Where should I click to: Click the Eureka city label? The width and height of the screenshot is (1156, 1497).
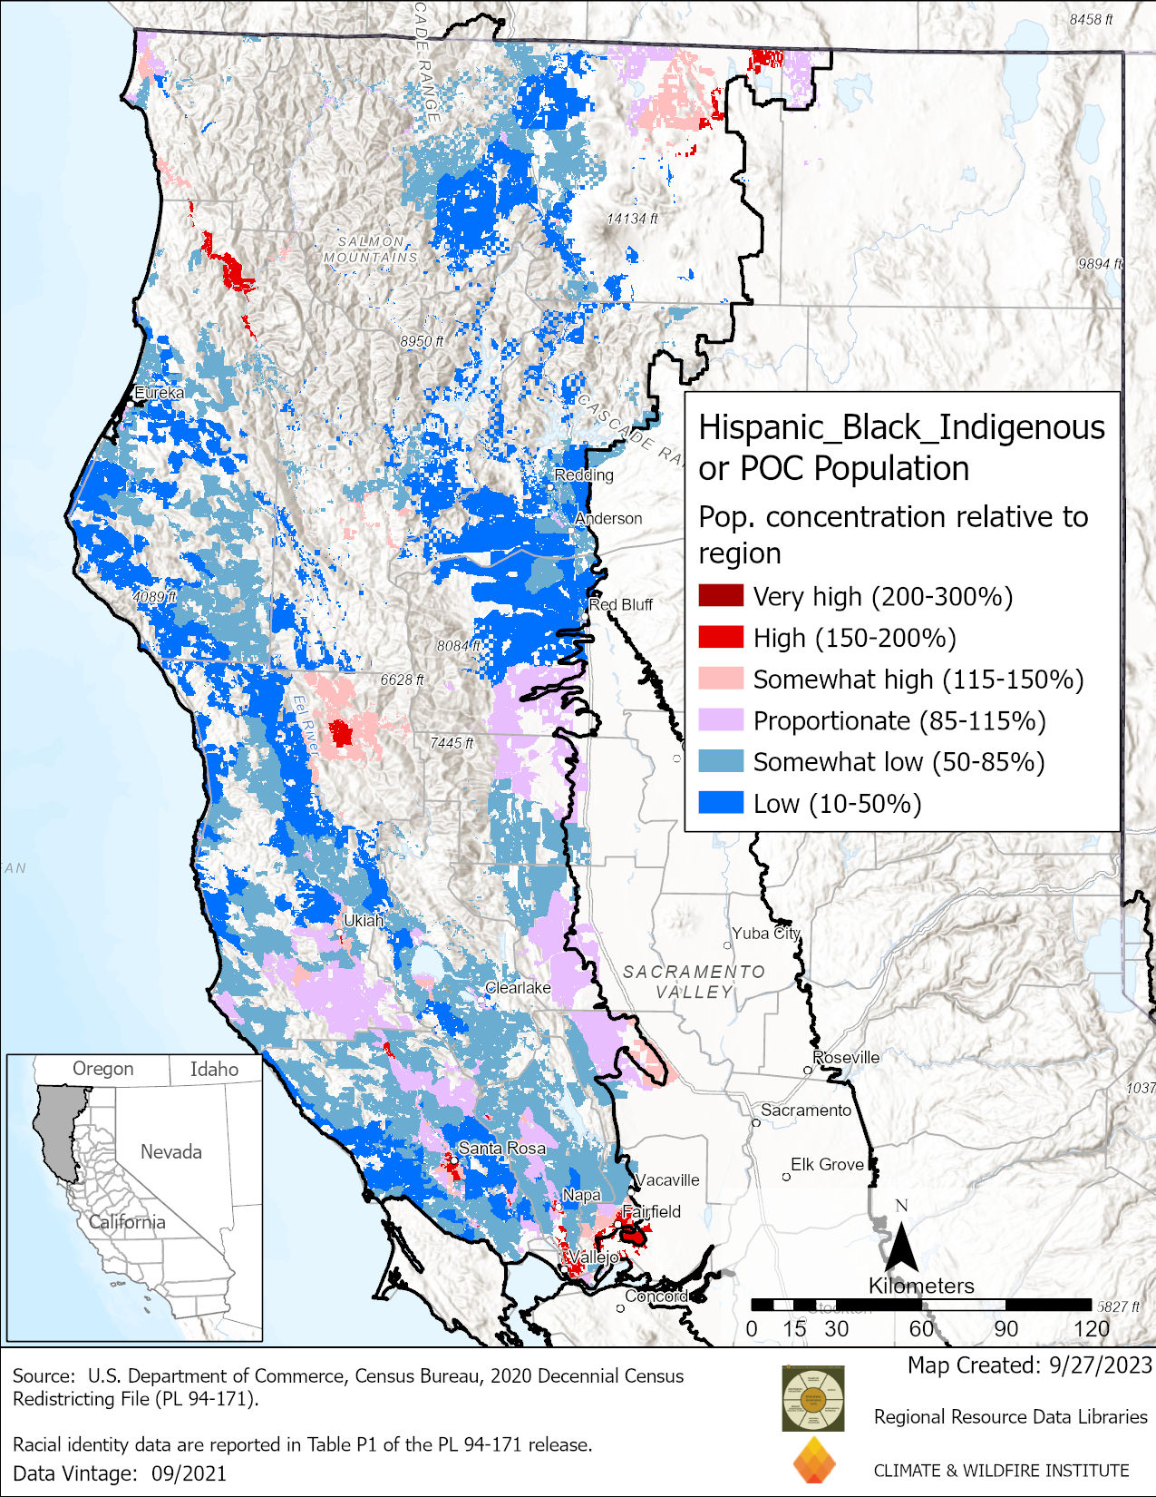159,393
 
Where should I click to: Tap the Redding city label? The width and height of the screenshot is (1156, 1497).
584,475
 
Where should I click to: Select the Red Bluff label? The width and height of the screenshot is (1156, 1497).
621,604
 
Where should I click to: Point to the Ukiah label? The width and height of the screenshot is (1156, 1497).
364,920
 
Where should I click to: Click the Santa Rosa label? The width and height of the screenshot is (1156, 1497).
501,1148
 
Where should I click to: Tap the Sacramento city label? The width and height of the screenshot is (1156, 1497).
806,1110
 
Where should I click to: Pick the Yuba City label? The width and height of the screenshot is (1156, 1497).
766,933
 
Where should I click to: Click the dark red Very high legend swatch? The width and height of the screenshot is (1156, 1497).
721,596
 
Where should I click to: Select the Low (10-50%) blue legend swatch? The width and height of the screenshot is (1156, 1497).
721,803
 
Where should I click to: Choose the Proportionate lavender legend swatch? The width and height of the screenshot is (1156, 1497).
721,720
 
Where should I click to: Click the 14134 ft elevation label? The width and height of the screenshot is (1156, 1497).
632,219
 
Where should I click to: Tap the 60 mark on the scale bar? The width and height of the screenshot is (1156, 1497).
921,1328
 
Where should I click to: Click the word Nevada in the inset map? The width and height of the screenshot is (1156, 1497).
170,1151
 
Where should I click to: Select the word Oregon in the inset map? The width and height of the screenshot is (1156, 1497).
102,1069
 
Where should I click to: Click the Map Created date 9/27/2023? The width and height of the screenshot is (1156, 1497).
1099,1365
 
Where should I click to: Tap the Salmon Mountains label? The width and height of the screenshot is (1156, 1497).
371,249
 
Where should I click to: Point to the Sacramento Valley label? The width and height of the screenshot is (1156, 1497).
694,982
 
